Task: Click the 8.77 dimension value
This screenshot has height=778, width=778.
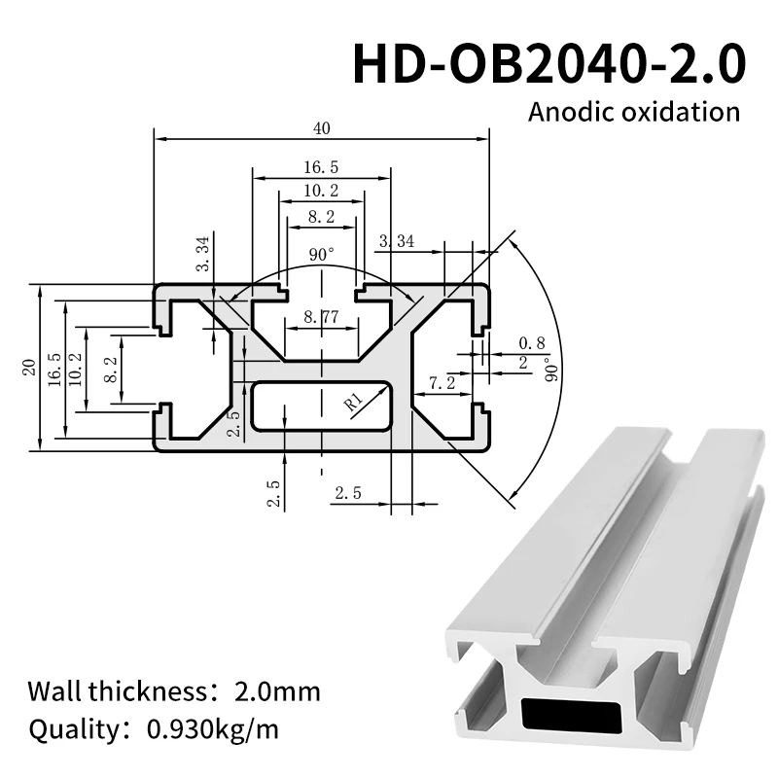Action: (x=321, y=316)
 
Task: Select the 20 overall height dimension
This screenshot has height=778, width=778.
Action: (x=28, y=369)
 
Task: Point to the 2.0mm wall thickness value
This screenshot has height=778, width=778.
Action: (x=277, y=692)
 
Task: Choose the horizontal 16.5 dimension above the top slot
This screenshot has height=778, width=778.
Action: (x=321, y=166)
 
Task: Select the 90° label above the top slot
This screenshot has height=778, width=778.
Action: (x=321, y=254)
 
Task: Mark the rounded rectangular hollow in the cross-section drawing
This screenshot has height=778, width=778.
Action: (x=321, y=406)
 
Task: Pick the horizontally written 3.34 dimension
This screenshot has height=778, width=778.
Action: (x=397, y=241)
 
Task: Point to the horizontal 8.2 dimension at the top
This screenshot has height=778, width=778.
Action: (x=321, y=216)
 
